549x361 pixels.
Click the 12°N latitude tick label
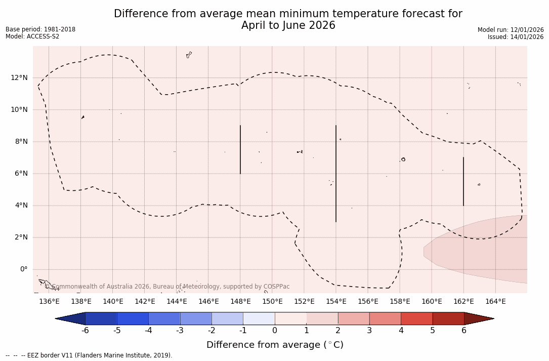click(x=19, y=78)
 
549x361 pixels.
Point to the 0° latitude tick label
click(x=23, y=269)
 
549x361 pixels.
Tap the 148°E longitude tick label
click(x=240, y=302)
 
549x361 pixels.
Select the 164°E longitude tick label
click(x=495, y=302)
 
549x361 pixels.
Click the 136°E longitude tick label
click(x=49, y=302)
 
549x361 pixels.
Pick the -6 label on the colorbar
click(x=85, y=331)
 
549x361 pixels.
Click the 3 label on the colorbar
click(x=369, y=331)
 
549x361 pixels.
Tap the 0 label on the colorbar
click(x=275, y=331)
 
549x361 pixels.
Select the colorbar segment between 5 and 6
click(x=448, y=318)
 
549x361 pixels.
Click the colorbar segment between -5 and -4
click(x=133, y=318)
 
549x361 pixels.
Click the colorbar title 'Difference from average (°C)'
click(x=275, y=345)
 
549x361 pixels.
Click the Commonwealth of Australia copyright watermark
click(x=167, y=287)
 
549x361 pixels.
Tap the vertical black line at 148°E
click(x=240, y=149)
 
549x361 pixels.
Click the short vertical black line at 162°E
click(x=463, y=181)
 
